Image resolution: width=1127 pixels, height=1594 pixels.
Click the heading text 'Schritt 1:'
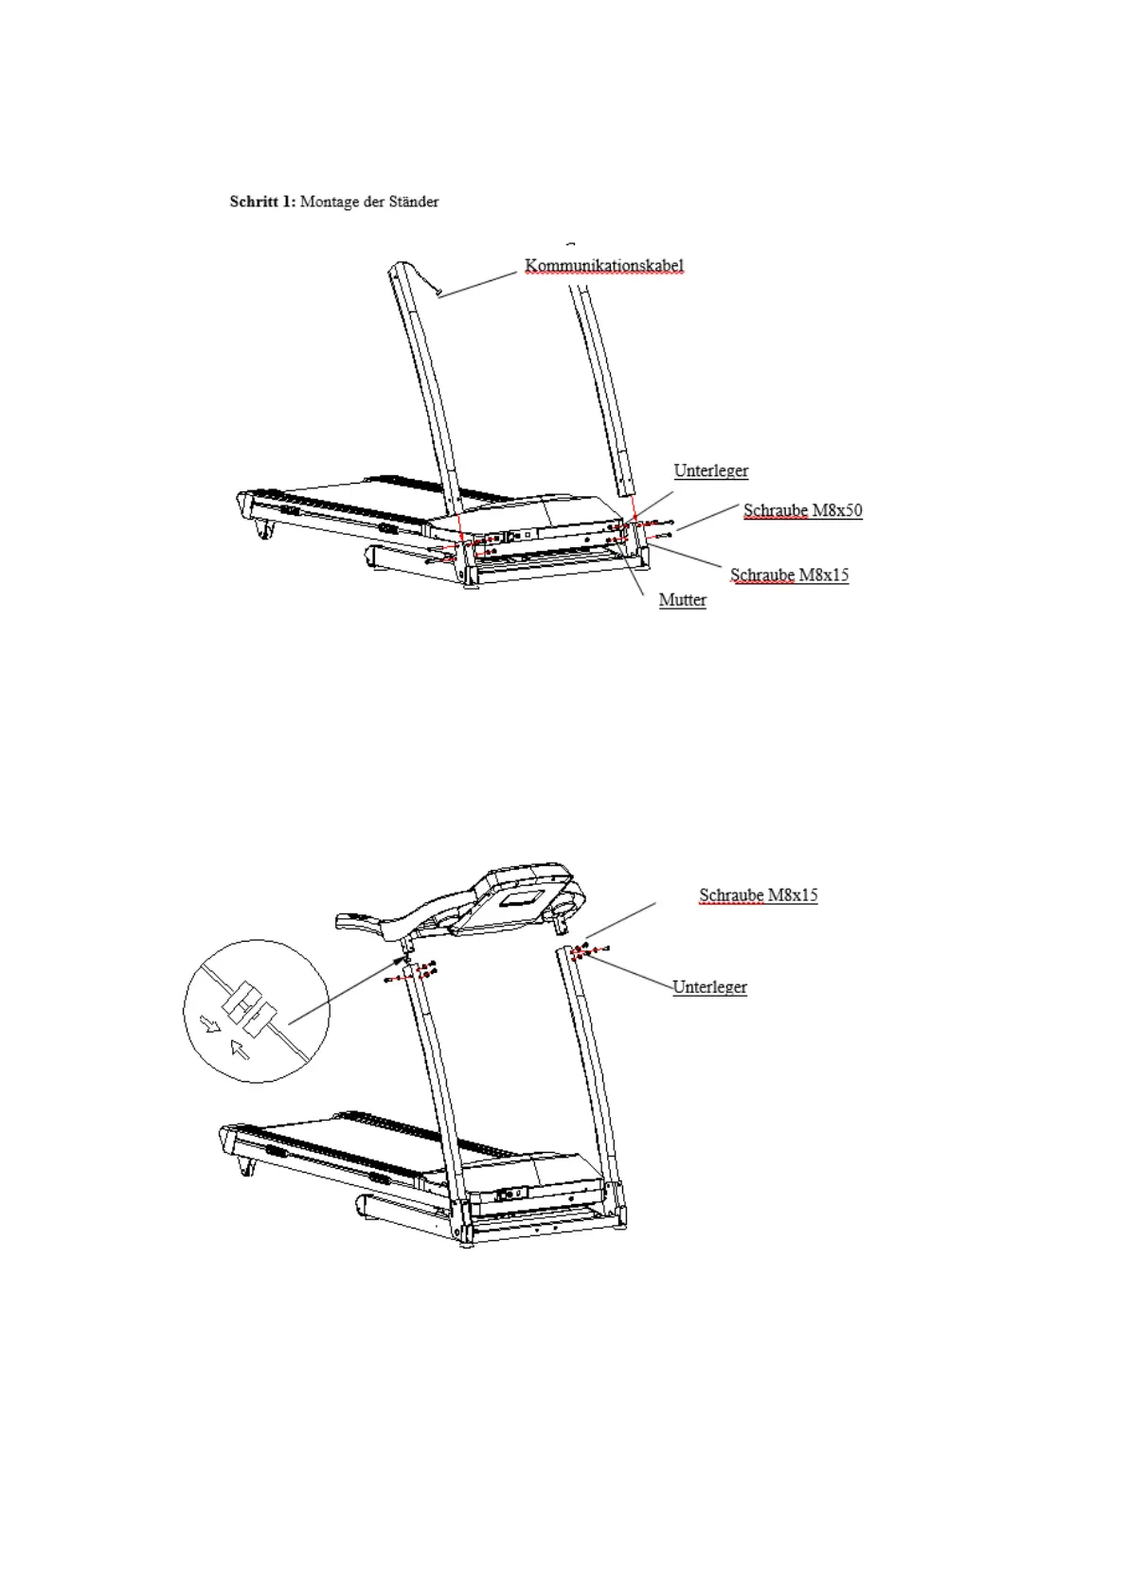coord(262,202)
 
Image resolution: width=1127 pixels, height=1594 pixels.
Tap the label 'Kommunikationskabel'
coord(603,266)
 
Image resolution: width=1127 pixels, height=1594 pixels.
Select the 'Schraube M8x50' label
coord(802,511)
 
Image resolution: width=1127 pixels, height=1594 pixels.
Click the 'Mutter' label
coord(682,600)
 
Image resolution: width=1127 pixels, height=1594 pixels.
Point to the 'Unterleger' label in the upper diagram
coord(710,470)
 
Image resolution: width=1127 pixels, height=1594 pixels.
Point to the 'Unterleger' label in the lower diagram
coord(709,987)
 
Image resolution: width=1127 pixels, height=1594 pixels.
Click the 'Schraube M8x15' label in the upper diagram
coord(789,575)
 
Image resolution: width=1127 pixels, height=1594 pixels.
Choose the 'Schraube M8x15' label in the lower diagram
coord(758,894)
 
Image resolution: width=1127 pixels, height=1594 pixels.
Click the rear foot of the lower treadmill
coord(248,1166)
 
